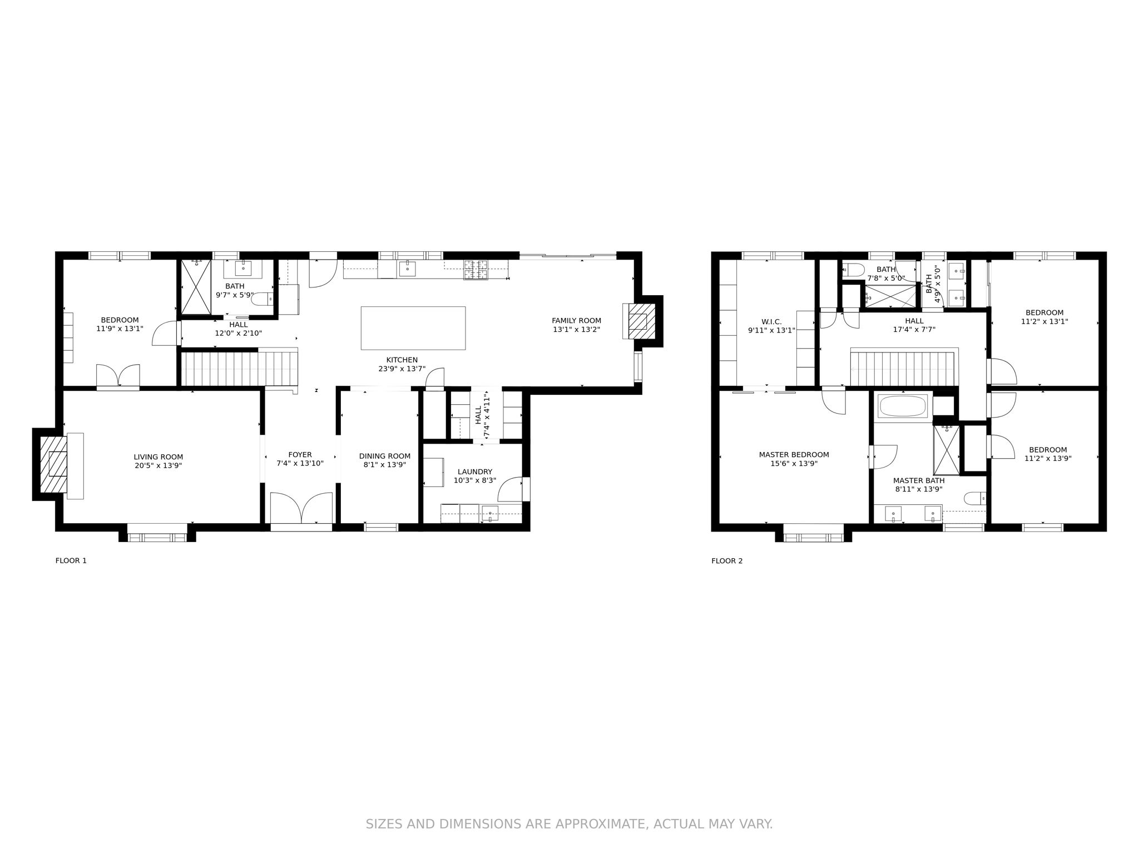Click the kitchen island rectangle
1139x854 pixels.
point(413,328)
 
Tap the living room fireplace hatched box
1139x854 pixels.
point(54,464)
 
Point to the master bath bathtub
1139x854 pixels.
point(902,406)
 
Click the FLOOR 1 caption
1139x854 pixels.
point(71,560)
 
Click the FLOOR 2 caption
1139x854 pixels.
point(726,560)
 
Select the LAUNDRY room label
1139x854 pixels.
point(474,471)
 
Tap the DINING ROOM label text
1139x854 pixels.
point(384,456)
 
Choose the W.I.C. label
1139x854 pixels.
point(771,321)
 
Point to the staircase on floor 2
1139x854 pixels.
point(902,368)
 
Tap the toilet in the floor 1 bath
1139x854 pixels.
point(262,299)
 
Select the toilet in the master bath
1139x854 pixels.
point(975,498)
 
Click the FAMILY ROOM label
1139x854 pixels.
point(576,320)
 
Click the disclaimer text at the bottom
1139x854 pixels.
point(569,824)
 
